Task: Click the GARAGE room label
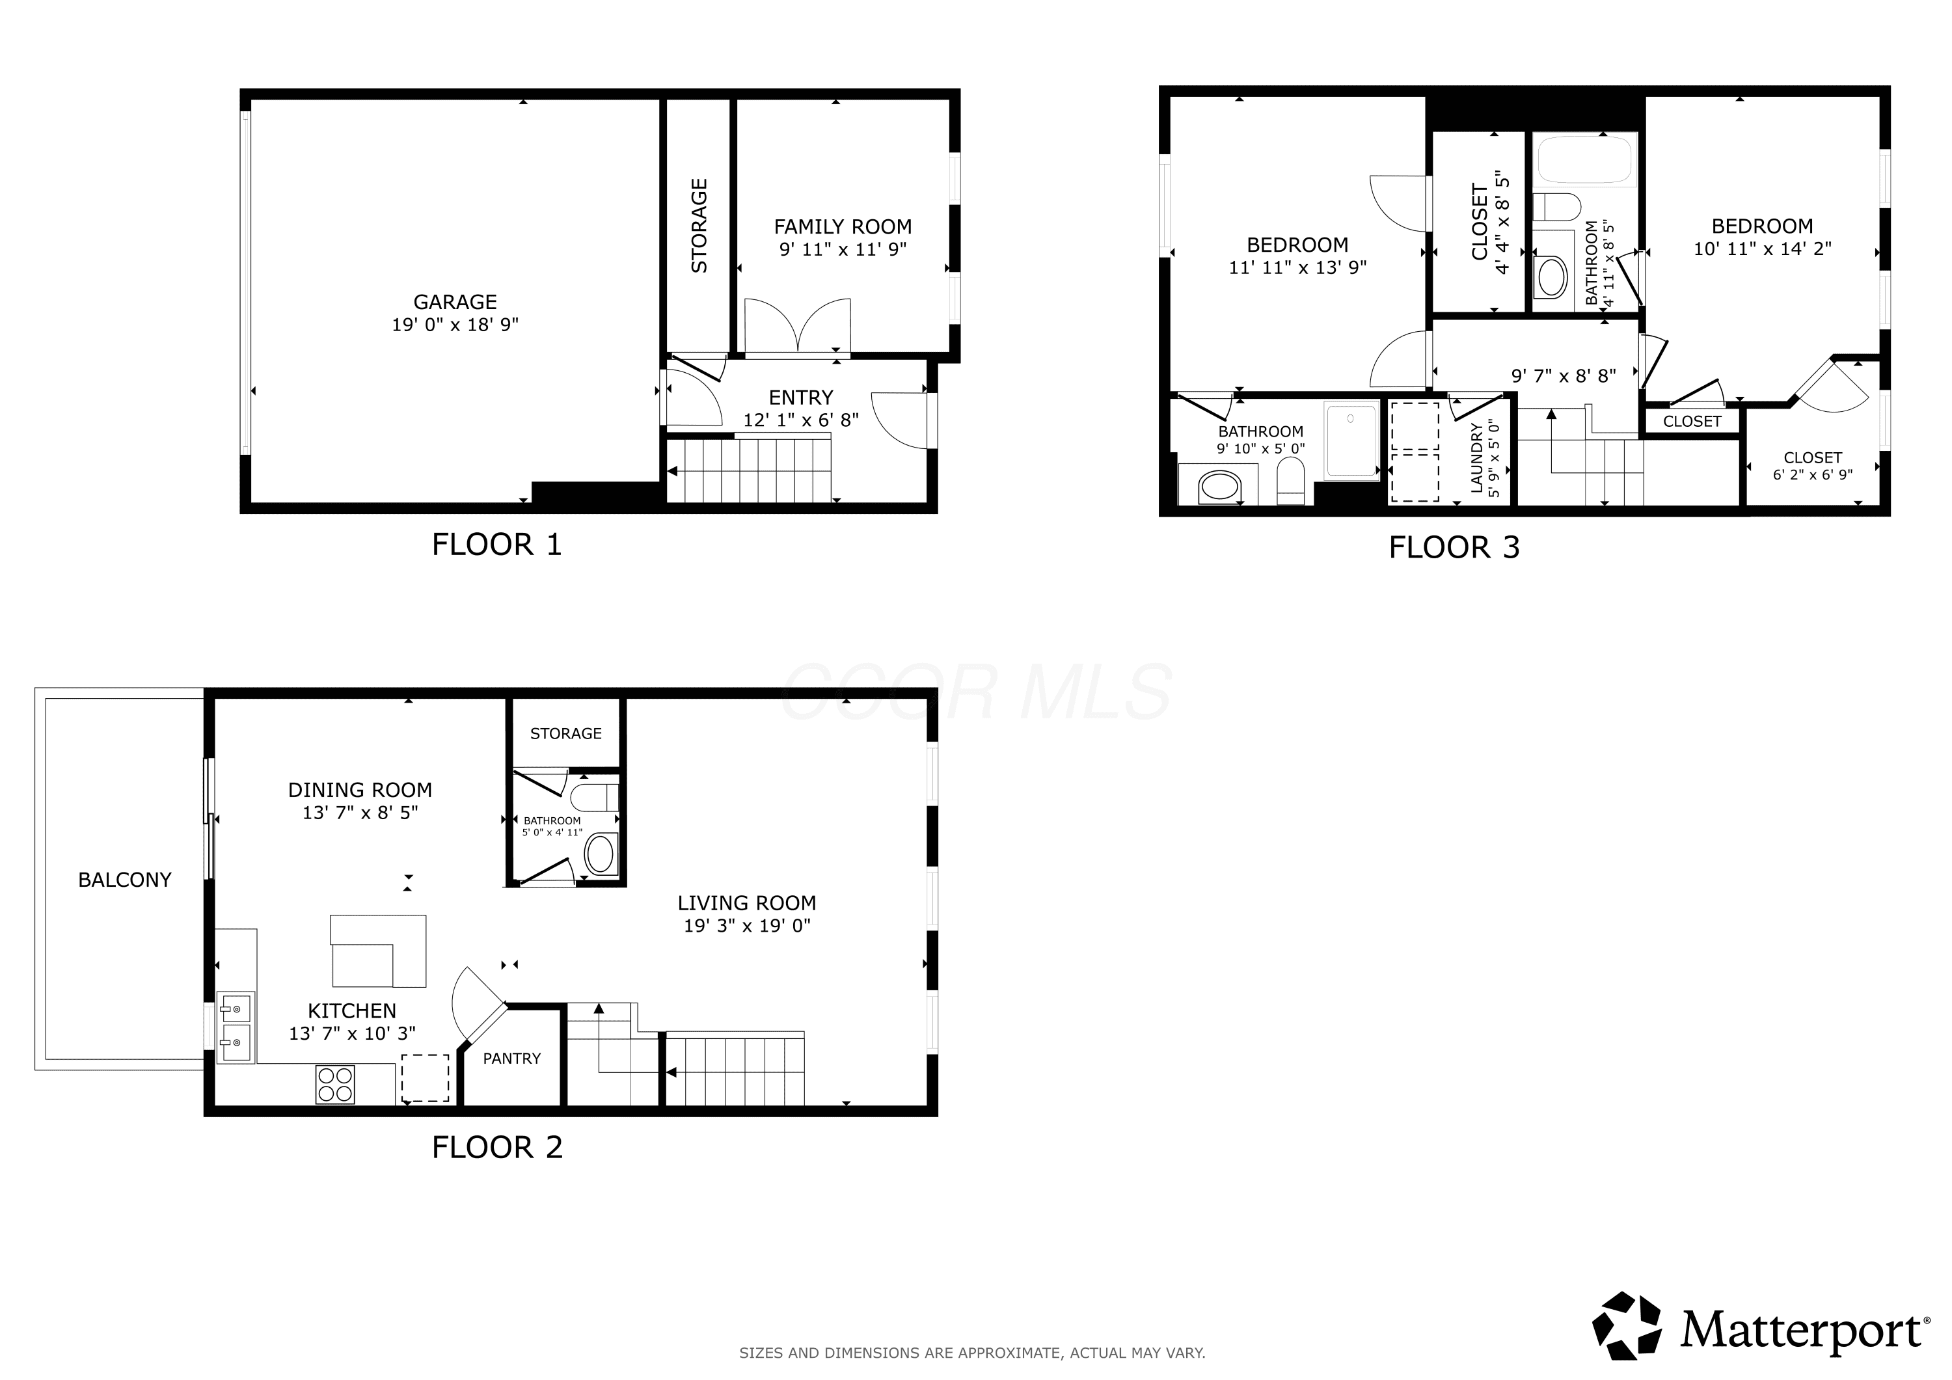click(x=455, y=302)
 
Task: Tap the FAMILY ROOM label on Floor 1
click(x=843, y=227)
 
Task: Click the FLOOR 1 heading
click(x=497, y=544)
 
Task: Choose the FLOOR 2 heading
click(x=497, y=1147)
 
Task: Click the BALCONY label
click(x=125, y=880)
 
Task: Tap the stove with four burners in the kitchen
click(x=335, y=1084)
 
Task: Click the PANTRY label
click(x=512, y=1059)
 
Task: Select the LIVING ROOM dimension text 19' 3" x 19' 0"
click(x=748, y=926)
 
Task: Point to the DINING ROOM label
click(x=360, y=790)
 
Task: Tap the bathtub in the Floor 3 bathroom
click(x=1586, y=158)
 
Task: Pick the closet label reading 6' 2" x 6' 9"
click(x=1813, y=474)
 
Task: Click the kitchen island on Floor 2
click(x=378, y=951)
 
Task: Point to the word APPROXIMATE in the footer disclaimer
click(x=1010, y=1353)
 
